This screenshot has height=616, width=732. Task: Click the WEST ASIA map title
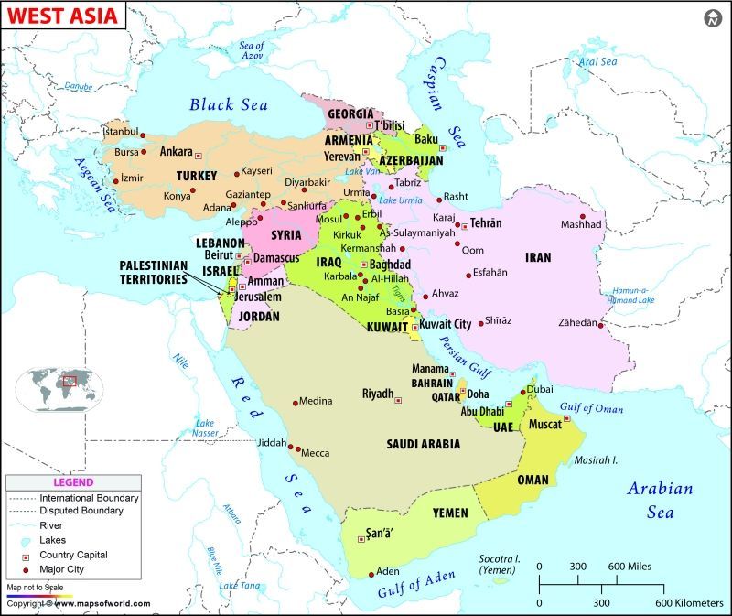point(51,16)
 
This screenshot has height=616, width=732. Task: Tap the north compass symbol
point(714,18)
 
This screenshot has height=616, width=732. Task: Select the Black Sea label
point(228,104)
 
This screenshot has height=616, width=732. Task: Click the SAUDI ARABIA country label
point(423,444)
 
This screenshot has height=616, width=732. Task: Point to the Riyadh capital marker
point(398,399)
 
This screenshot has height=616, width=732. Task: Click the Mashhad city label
point(581,225)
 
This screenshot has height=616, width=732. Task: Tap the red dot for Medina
point(295,402)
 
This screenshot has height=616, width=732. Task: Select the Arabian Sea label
point(659,500)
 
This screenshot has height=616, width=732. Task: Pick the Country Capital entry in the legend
point(73,555)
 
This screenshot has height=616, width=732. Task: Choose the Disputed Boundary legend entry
point(81,511)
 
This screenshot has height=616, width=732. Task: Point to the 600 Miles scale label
point(627,567)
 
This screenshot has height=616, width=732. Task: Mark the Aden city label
point(388,571)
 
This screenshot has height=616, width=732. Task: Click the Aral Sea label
point(597,62)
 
